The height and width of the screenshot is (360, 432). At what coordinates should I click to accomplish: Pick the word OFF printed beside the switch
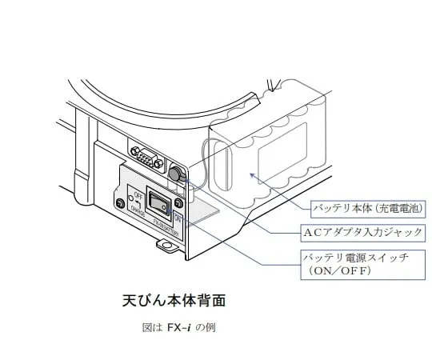click(138, 194)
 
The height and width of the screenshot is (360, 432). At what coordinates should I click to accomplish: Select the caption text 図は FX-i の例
click(176, 327)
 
